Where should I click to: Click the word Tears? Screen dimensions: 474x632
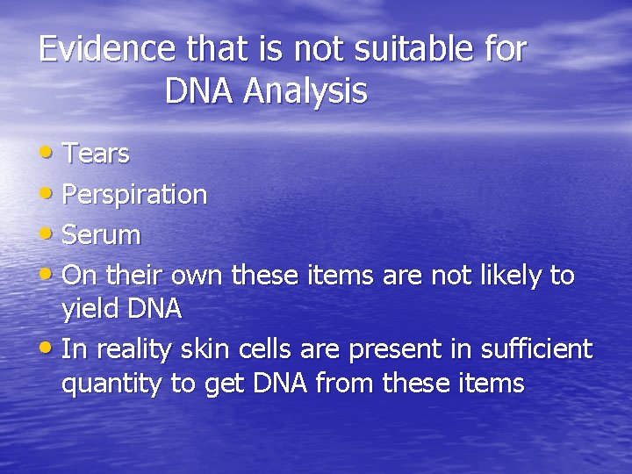(x=97, y=154)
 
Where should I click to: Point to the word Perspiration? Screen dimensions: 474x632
(x=135, y=195)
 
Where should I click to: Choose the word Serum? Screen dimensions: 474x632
(x=103, y=235)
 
